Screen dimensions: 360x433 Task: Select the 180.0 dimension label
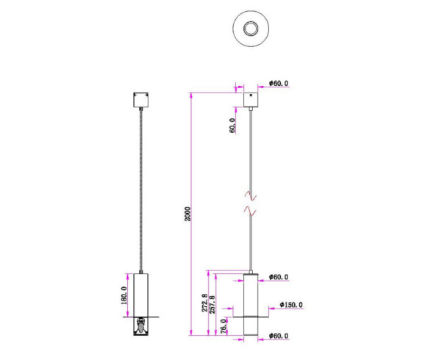pyautogui.click(x=126, y=295)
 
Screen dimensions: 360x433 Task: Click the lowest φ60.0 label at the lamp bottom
pyautogui.click(x=276, y=336)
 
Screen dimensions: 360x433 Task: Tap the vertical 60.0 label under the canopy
pyautogui.click(x=232, y=125)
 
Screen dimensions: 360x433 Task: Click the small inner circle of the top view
pyautogui.click(x=251, y=29)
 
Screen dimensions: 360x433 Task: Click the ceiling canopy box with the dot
pyautogui.click(x=252, y=98)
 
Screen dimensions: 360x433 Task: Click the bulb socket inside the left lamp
pyautogui.click(x=140, y=325)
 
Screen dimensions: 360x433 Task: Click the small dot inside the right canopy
pyautogui.click(x=252, y=95)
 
